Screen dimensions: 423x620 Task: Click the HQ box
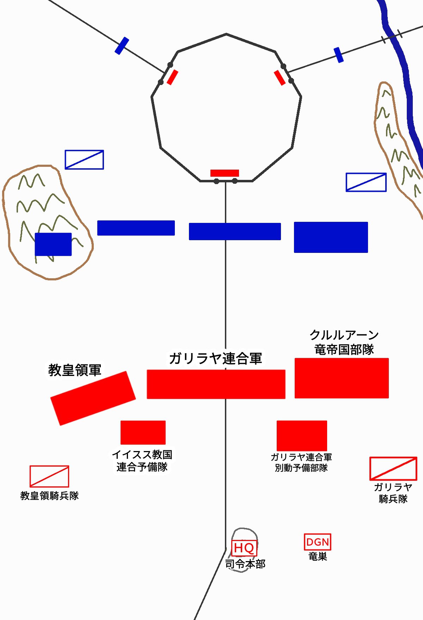point(244,548)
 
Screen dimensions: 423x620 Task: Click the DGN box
point(317,542)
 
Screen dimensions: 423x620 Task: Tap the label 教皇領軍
point(75,370)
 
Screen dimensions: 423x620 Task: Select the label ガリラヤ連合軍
point(215,358)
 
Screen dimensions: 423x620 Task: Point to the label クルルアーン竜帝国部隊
point(344,342)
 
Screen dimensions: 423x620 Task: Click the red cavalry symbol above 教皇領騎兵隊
point(49,476)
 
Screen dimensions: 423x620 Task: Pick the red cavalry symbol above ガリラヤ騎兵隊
point(393,469)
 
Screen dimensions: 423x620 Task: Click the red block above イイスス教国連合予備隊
point(143,432)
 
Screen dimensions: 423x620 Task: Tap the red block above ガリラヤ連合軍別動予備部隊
point(302,435)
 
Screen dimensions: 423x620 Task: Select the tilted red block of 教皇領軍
point(93,398)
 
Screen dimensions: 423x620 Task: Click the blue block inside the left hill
point(53,244)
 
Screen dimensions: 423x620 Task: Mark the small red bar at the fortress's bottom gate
point(225,173)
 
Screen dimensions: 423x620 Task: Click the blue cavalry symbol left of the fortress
point(84,160)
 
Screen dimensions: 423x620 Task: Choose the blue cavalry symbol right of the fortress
point(366,182)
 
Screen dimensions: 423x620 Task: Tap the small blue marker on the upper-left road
point(122,45)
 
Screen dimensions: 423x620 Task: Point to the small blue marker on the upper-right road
point(338,55)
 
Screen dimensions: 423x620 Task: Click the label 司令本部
point(245,564)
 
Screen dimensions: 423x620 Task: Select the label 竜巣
point(318,557)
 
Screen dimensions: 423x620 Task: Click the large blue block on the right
point(331,237)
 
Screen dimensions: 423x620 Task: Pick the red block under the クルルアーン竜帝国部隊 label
point(342,378)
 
